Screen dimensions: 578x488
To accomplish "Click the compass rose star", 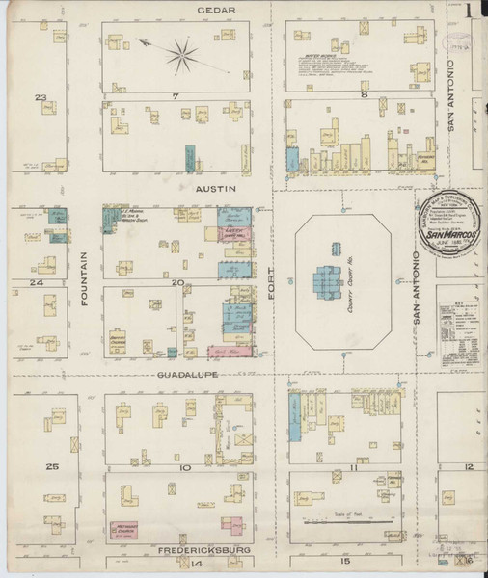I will coord(180,53).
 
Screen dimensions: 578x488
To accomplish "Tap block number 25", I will coord(53,466).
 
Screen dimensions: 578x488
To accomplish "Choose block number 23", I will coord(41,97).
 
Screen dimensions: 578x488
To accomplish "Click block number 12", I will coord(468,466).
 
